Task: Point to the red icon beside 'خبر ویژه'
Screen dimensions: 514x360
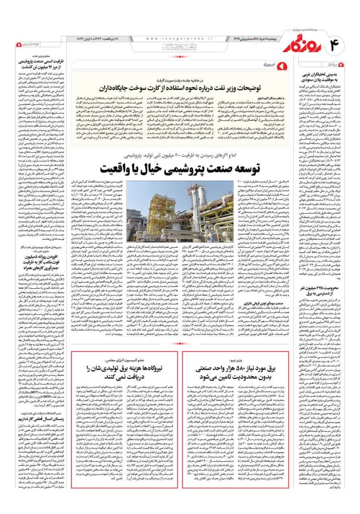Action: pyautogui.click(x=281, y=64)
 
